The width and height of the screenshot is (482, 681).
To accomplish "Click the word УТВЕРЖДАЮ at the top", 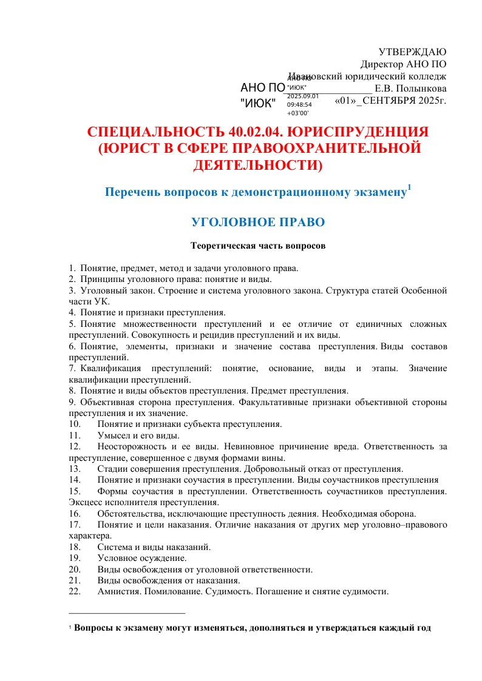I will point(412,52).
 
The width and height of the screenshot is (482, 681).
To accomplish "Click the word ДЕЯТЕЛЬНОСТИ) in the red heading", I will point(258,164).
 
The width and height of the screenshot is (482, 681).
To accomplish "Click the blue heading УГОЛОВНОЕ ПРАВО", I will point(258,222).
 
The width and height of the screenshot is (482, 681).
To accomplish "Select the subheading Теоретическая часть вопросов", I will point(258,247).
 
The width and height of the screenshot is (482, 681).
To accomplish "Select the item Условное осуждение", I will point(142,558).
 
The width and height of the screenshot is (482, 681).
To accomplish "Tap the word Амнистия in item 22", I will point(118,591).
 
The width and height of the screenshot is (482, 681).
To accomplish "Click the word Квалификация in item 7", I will point(111,368).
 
